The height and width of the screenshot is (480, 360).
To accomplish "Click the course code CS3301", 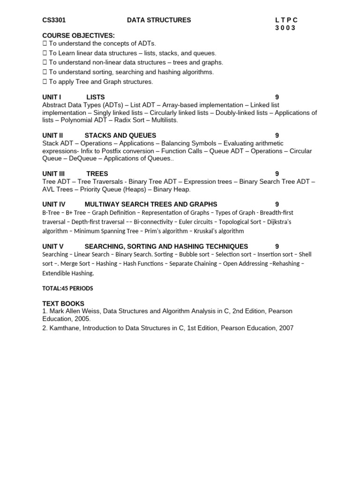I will tap(54, 20).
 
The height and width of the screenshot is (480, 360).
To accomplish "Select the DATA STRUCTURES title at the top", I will tap(159, 20).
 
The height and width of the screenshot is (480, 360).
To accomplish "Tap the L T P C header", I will tap(286, 20).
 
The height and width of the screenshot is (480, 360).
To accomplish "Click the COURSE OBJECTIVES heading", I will tap(78, 36).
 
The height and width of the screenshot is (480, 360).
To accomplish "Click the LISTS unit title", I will tap(96, 97).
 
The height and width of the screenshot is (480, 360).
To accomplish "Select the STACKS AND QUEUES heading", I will tap(120, 135).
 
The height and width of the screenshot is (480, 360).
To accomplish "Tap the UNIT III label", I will tap(53, 173).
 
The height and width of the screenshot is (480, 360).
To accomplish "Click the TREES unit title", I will tap(97, 173).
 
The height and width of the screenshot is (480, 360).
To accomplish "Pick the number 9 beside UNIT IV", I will tap(277, 204).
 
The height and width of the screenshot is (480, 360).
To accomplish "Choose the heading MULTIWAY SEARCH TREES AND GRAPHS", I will tap(151, 204).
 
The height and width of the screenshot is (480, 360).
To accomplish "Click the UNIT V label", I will tap(53, 247).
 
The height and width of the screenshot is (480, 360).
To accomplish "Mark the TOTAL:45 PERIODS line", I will tap(67, 288).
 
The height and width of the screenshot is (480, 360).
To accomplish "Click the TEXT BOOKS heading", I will tap(63, 304).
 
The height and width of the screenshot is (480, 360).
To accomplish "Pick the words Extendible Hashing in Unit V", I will tap(68, 273).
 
